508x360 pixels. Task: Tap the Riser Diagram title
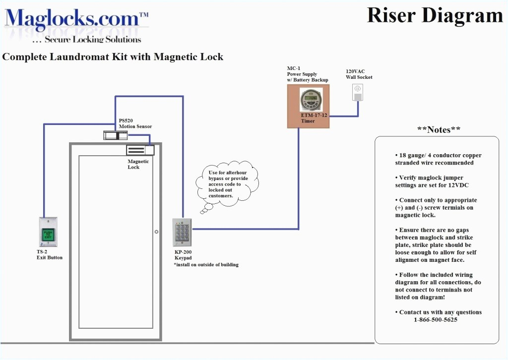[435, 15]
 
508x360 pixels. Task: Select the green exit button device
[49, 232]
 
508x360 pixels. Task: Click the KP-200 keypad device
[182, 232]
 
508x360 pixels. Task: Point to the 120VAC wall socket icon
[358, 92]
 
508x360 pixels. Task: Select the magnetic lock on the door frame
[140, 149]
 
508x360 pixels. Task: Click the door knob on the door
[156, 232]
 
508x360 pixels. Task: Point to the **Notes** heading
[439, 130]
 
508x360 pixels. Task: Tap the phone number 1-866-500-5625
[436, 320]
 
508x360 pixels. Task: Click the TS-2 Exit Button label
[49, 255]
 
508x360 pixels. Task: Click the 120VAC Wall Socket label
[359, 74]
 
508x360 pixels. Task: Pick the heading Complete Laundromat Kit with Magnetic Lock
[113, 57]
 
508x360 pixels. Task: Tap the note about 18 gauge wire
[438, 159]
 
